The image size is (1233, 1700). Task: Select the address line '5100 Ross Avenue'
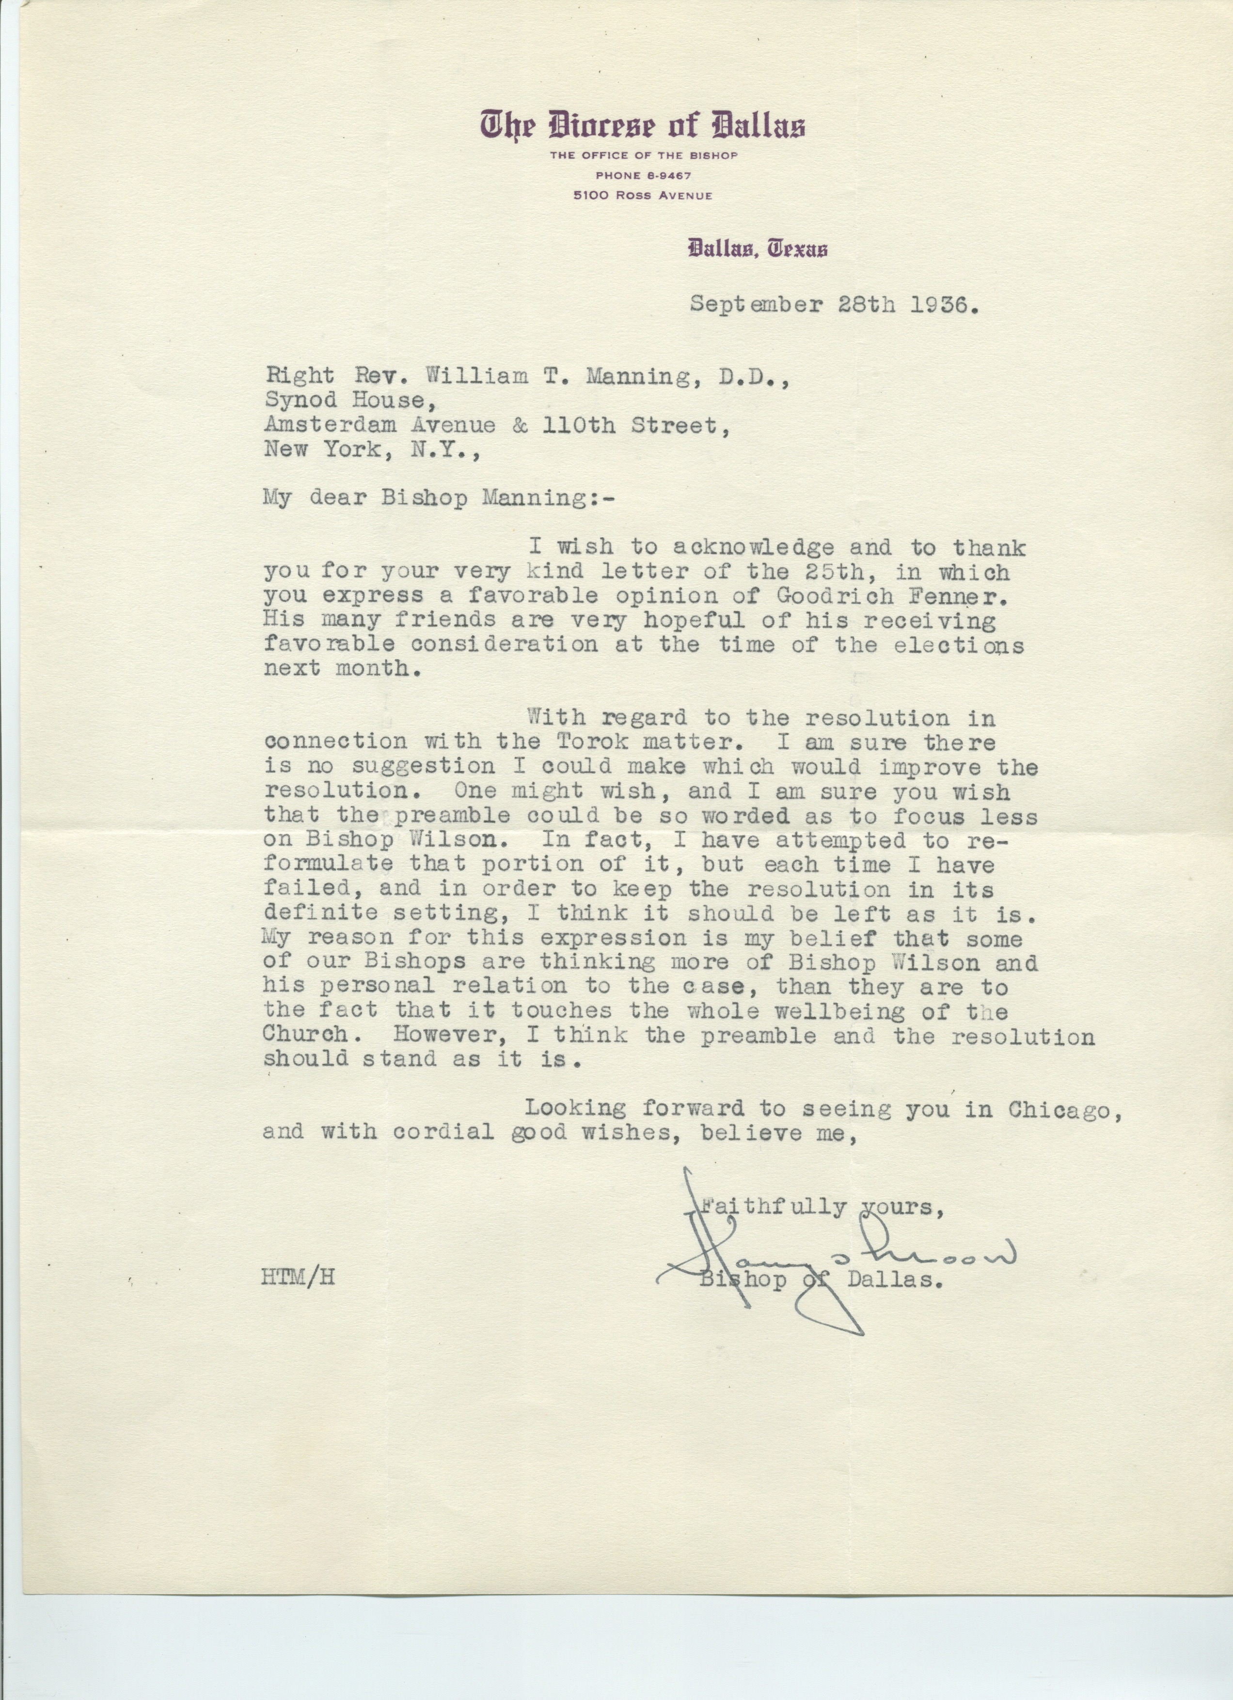[643, 196]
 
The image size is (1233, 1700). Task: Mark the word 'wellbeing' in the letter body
[829, 1011]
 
